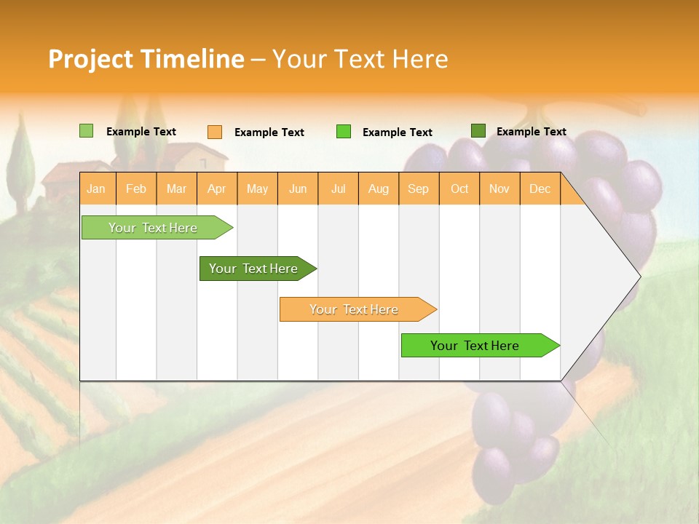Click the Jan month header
point(96,188)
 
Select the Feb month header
point(136,188)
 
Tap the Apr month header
point(217,188)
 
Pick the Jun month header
point(298,188)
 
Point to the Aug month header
point(379,188)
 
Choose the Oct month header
point(459,188)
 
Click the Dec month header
point(540,188)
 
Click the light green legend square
point(87,131)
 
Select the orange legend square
point(215,132)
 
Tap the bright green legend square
point(344,132)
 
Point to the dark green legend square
point(478,131)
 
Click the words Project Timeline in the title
point(146,59)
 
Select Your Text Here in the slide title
point(360,59)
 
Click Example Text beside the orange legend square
point(269,132)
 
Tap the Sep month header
point(419,188)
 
